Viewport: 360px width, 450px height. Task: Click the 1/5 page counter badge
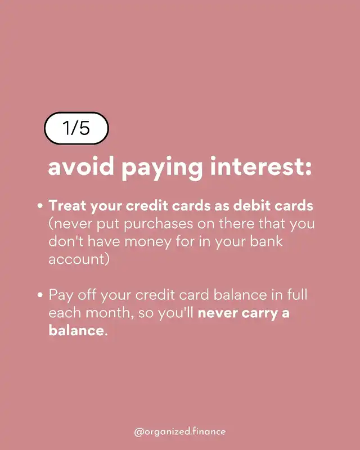point(76,128)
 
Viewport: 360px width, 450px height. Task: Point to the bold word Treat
point(67,206)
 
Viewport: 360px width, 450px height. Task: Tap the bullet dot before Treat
point(40,206)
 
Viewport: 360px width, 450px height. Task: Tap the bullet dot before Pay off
point(40,295)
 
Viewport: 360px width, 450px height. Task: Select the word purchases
point(159,224)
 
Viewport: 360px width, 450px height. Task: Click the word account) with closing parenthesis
point(79,259)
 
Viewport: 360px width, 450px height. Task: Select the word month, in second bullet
point(110,313)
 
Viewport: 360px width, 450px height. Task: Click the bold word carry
point(259,314)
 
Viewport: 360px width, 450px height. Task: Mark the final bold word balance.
point(78,330)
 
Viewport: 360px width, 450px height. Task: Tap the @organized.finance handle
point(180,431)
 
